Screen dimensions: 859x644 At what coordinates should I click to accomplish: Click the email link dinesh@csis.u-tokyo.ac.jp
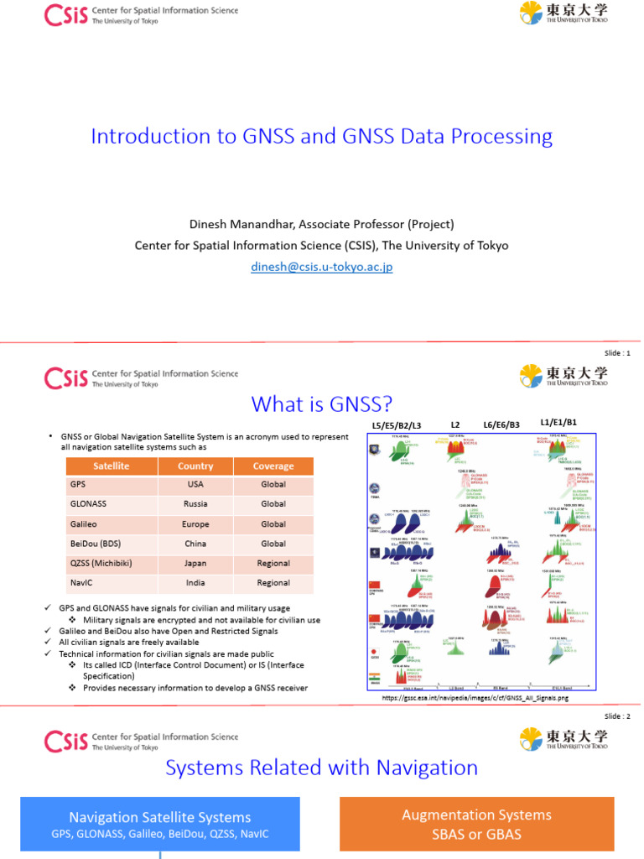click(322, 267)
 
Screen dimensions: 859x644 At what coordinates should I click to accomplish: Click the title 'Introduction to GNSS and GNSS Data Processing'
click(322, 136)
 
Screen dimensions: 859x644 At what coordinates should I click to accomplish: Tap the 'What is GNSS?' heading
click(322, 404)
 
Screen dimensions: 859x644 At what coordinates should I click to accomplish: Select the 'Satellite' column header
click(111, 466)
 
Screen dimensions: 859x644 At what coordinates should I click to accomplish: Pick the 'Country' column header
click(195, 466)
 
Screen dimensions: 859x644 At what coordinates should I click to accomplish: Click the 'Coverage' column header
click(273, 466)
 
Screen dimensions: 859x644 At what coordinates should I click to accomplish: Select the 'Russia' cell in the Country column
click(195, 504)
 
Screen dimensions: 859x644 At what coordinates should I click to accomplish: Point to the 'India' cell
click(195, 582)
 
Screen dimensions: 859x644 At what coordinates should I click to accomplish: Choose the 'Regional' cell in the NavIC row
click(273, 582)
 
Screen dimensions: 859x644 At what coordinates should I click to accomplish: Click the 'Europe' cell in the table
click(195, 523)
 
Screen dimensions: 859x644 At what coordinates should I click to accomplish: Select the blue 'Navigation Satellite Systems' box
click(159, 824)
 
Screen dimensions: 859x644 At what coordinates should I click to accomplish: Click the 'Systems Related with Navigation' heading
click(322, 767)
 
